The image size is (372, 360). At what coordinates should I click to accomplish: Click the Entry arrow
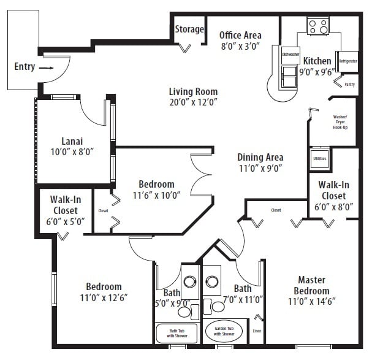(x=46, y=69)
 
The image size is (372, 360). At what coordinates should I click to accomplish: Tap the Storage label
(x=189, y=29)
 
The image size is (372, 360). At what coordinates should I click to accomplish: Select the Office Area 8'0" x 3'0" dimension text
(x=240, y=45)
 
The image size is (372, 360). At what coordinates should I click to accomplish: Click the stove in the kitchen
(x=318, y=26)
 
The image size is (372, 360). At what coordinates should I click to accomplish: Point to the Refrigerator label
(x=347, y=61)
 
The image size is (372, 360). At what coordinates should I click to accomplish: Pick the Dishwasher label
(x=290, y=55)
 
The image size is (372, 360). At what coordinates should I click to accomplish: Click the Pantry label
(x=349, y=84)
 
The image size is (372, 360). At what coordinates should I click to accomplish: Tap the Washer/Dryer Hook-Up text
(x=340, y=121)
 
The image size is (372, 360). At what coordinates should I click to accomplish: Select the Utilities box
(x=319, y=159)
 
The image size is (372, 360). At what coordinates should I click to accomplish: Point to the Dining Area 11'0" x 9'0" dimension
(x=260, y=168)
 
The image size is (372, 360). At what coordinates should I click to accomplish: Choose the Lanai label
(x=72, y=140)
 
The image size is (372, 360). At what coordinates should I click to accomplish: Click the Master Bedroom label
(x=311, y=285)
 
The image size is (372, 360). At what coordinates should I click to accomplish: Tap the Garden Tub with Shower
(x=224, y=331)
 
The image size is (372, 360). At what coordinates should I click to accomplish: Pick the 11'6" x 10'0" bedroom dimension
(x=156, y=196)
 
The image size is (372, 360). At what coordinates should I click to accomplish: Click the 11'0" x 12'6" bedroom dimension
(x=103, y=298)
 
